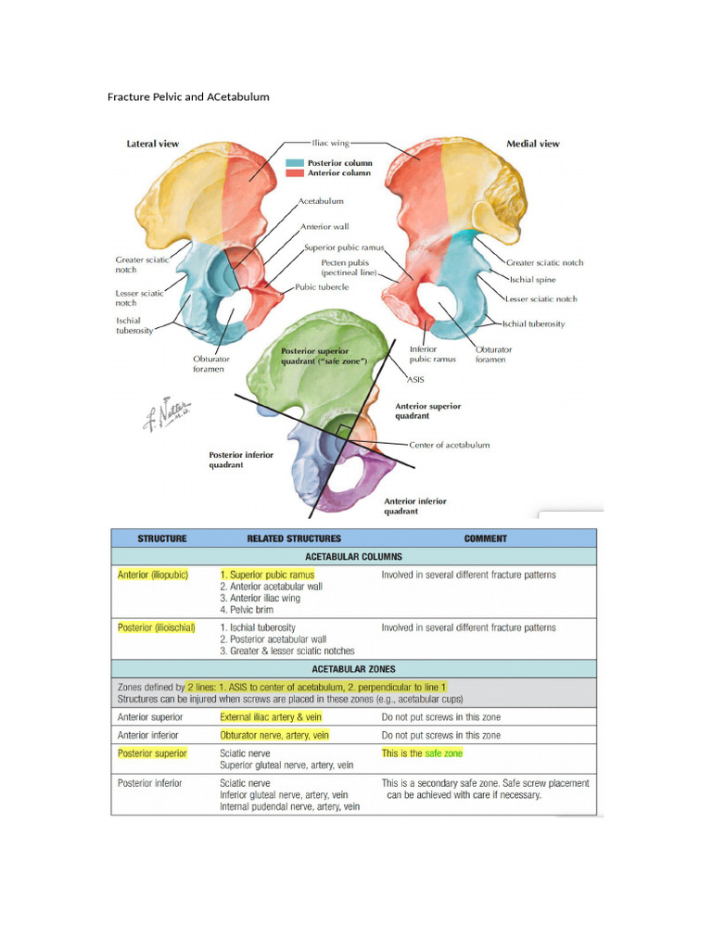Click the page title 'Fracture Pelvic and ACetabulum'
(x=188, y=96)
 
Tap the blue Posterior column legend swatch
(x=293, y=162)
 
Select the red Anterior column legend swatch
(x=293, y=173)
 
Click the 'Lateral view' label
(x=152, y=144)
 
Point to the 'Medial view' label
(x=532, y=144)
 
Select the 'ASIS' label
(x=416, y=379)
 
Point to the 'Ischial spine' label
(x=532, y=279)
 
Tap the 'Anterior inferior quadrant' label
(x=414, y=506)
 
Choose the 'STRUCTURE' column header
(x=162, y=538)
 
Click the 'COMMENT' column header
(x=485, y=538)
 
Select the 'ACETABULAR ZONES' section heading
(x=353, y=669)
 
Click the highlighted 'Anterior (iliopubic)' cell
(x=153, y=575)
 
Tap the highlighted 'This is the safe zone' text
(x=421, y=753)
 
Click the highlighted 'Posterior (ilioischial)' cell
(x=157, y=627)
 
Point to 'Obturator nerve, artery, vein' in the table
(x=274, y=735)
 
